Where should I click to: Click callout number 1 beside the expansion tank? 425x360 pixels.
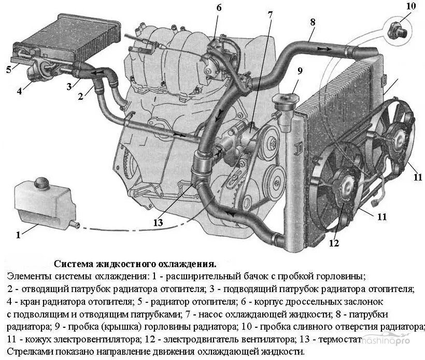18,235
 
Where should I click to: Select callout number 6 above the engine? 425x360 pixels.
219,8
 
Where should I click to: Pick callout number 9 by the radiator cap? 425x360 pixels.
300,71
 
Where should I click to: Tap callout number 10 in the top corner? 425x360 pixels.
410,6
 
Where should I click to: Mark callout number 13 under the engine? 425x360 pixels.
158,223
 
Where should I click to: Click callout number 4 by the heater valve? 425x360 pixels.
19,91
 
